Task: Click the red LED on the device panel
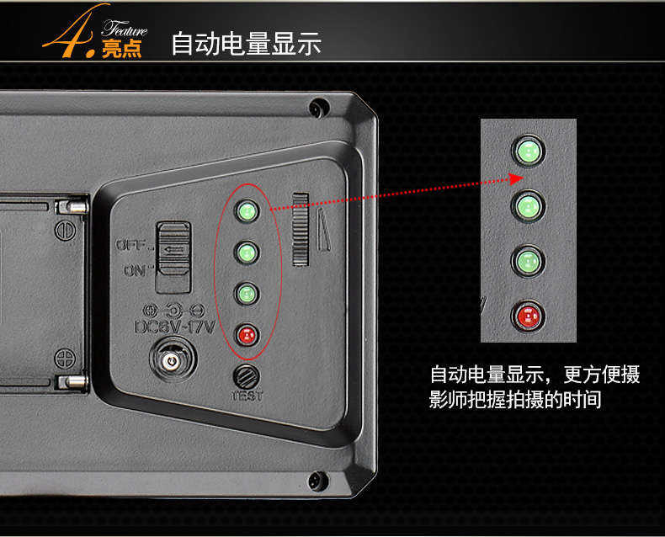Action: [x=247, y=335]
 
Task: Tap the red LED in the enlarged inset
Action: [x=528, y=316]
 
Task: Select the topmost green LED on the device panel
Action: [x=247, y=210]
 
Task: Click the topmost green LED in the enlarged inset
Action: [x=529, y=151]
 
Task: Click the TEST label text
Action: [x=247, y=396]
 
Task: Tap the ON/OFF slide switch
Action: [x=173, y=257]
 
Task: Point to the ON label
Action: [x=136, y=271]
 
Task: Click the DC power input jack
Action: [x=173, y=360]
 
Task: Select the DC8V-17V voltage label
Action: [x=175, y=327]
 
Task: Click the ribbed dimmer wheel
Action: [x=301, y=230]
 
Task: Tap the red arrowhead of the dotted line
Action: [x=517, y=178]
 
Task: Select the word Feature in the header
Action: [x=125, y=29]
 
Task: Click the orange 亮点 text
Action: [x=121, y=48]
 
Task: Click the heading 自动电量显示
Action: [x=246, y=43]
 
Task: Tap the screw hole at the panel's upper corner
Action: [x=318, y=108]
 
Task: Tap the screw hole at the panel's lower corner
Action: [x=317, y=481]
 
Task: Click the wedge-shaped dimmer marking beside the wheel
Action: [x=324, y=230]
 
